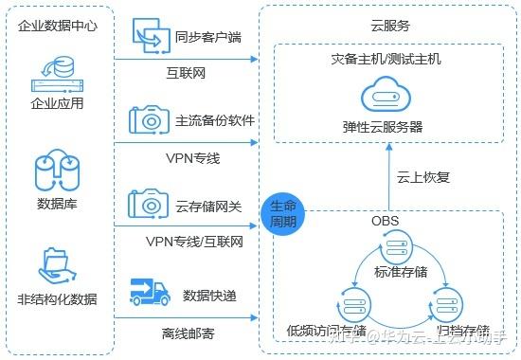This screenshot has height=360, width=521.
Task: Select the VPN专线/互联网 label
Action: [195, 242]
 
